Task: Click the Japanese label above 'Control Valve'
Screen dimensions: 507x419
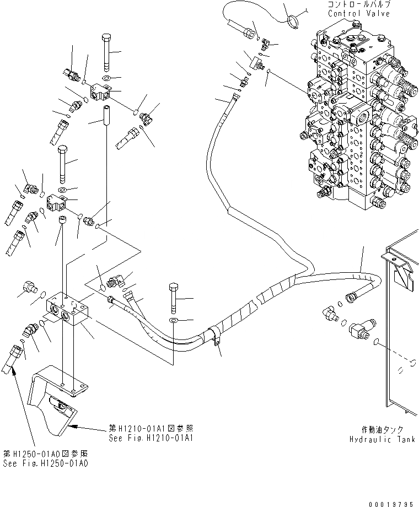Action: [x=359, y=4]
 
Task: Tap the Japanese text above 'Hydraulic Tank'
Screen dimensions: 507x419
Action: [x=382, y=430]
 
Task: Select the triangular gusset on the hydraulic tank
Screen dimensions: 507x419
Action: [x=405, y=276]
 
